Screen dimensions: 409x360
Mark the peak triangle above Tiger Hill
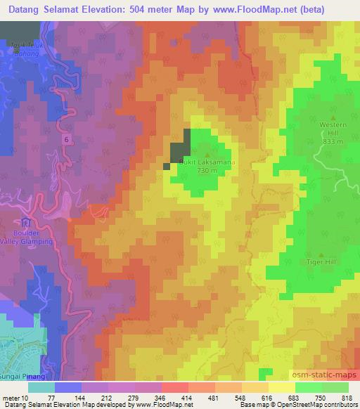(322, 254)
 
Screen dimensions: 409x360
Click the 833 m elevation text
(334, 141)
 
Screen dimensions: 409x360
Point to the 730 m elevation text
(206, 170)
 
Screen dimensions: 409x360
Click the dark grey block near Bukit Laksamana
(179, 148)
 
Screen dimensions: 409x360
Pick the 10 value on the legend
(25, 398)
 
